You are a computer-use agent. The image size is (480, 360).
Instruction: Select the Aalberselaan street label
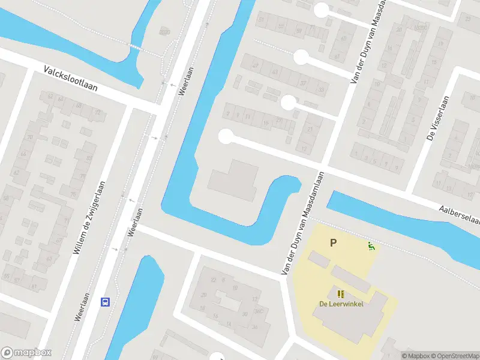(459, 213)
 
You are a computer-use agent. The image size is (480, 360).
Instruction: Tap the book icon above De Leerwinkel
(341, 294)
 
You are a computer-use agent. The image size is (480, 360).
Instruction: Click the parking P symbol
(334, 243)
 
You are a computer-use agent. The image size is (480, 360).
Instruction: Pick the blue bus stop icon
(105, 302)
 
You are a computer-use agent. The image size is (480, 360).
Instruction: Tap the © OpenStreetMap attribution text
(452, 356)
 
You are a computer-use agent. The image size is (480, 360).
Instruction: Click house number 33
(321, 90)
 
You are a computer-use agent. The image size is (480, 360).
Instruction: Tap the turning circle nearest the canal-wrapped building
(226, 137)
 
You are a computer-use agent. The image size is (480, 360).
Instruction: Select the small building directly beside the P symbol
(319, 260)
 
